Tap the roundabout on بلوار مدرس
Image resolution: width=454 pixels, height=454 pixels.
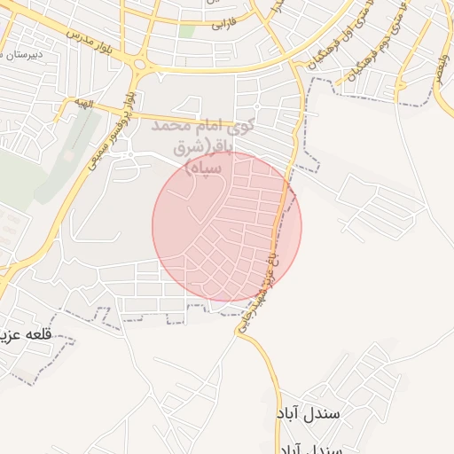(x=140, y=63)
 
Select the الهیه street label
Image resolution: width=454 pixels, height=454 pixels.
(x=85, y=105)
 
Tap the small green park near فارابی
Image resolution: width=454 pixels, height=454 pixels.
(x=186, y=30)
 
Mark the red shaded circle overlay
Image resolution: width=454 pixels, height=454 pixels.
(x=227, y=226)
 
